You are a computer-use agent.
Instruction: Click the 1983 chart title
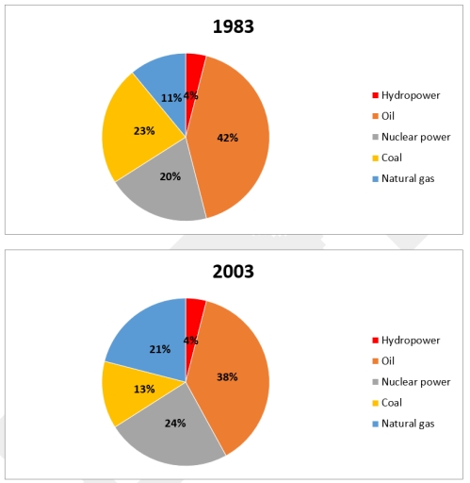(x=233, y=27)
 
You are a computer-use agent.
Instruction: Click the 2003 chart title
(x=233, y=272)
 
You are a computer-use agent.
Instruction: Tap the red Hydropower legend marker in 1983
(x=376, y=95)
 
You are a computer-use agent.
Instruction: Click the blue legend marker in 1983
(x=376, y=178)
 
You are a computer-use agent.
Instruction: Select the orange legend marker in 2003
(x=376, y=360)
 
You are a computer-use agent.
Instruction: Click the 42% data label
(x=227, y=138)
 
